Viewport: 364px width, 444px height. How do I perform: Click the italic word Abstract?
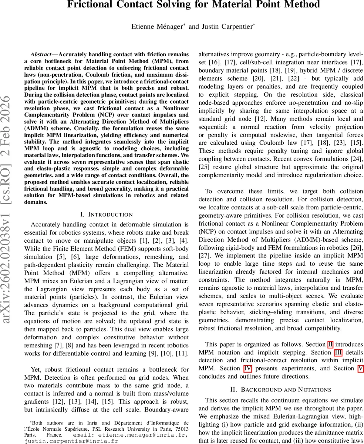41,54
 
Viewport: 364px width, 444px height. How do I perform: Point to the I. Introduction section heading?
106,215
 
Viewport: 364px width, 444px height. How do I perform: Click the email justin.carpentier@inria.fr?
71,441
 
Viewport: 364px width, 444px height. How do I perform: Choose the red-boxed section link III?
338,353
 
